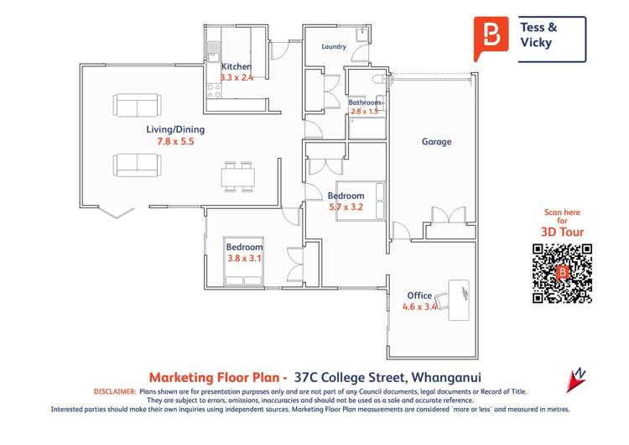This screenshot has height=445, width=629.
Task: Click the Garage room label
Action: tap(436, 142)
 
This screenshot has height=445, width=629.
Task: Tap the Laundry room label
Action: tap(334, 47)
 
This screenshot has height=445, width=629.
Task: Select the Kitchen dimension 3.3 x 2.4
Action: tap(237, 77)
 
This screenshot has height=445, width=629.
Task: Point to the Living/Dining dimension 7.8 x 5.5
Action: tap(175, 142)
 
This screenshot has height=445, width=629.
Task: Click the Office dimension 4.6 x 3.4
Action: tap(420, 307)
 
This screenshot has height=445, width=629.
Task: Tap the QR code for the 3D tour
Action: tap(562, 273)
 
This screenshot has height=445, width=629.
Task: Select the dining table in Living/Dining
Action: tap(237, 175)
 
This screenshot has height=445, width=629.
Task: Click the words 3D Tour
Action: tap(562, 232)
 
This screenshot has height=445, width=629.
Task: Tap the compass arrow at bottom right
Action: tap(576, 380)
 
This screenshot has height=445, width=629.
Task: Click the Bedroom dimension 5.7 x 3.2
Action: tap(346, 206)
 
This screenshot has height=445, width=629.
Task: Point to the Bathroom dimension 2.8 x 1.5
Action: tap(365, 111)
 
